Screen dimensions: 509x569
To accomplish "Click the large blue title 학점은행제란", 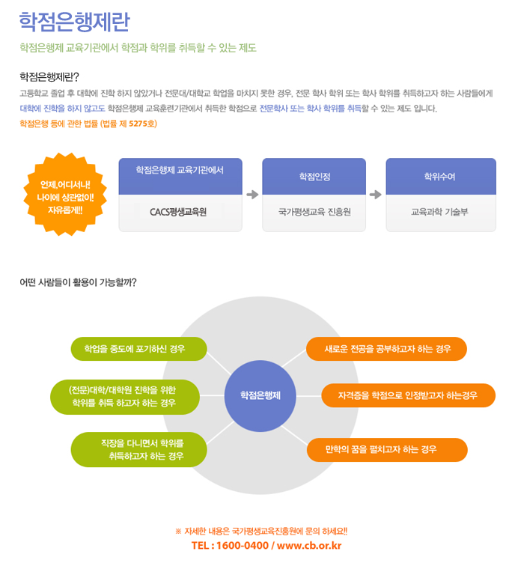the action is (x=74, y=22).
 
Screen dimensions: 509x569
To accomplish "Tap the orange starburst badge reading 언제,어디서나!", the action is (x=65, y=194).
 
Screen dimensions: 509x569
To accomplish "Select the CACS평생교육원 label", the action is (x=178, y=212).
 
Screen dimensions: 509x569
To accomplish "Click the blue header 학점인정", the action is (x=314, y=177).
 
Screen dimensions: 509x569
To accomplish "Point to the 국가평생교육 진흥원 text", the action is (x=314, y=212).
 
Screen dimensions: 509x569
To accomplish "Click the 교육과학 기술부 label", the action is (x=439, y=212).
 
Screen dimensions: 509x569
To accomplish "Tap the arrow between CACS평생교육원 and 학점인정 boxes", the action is (x=252, y=195).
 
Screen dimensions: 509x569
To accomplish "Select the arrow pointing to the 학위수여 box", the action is (x=376, y=195).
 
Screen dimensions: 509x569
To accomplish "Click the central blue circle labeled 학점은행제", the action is (x=260, y=396).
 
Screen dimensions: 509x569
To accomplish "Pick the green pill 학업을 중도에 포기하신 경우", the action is (x=139, y=349).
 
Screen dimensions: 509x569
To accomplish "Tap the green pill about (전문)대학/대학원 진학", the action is (x=125, y=397).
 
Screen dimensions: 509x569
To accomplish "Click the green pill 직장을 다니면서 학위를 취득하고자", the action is (x=139, y=450).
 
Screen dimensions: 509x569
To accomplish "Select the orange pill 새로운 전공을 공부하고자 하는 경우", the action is (x=386, y=349).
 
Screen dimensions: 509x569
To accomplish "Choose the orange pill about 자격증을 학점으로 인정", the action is (x=408, y=395).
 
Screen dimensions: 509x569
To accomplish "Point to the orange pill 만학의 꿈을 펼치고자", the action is (x=387, y=450).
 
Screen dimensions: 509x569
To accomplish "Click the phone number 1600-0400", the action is (x=243, y=546).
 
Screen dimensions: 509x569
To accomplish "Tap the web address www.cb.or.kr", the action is (x=309, y=546).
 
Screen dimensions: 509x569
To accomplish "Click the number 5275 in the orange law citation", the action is (x=138, y=124).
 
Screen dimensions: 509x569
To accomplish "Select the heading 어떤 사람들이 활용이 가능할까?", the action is (x=78, y=282).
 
